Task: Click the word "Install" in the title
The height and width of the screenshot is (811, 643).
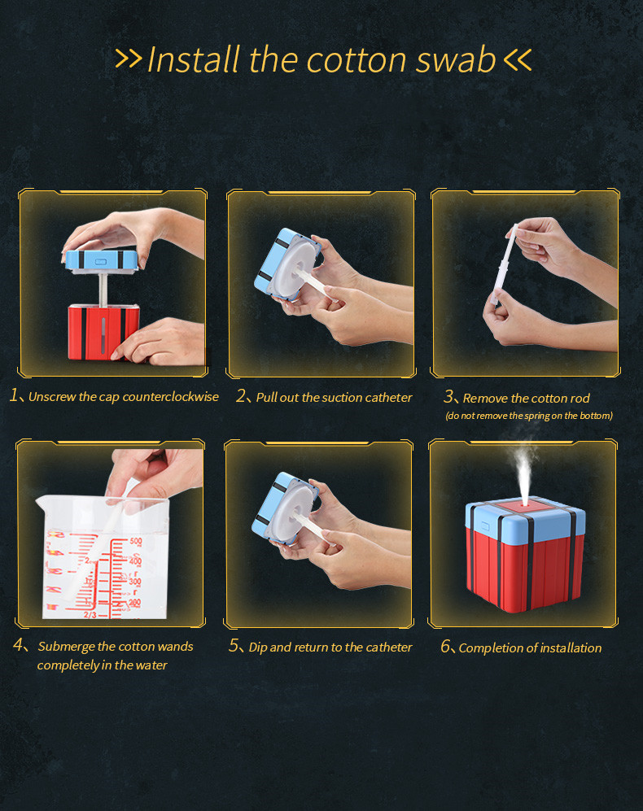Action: coord(194,59)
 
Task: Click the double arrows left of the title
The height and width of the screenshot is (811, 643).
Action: coord(128,59)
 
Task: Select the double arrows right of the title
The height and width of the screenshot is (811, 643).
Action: coord(517,59)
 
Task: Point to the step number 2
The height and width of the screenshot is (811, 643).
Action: coord(241,395)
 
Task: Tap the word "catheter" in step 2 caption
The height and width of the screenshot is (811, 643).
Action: coord(388,397)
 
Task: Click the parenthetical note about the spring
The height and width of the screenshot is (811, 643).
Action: coord(528,416)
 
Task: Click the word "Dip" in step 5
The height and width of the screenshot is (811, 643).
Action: coord(257,647)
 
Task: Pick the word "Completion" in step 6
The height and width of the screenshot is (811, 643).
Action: coord(488,648)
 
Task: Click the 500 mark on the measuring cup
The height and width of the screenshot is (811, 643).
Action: coord(135,542)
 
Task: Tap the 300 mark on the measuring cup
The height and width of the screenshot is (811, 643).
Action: coord(134,582)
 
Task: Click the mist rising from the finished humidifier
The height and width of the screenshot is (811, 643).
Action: coord(523,471)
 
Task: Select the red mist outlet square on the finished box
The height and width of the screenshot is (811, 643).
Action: coord(525,505)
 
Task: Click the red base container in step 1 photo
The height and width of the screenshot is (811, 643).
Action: coord(103,332)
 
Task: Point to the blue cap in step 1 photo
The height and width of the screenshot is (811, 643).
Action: coord(102,259)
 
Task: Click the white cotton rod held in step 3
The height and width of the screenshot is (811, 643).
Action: coord(505,264)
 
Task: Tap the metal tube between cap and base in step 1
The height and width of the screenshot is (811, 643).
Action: coord(103,289)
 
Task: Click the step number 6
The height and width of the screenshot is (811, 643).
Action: coord(446,647)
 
